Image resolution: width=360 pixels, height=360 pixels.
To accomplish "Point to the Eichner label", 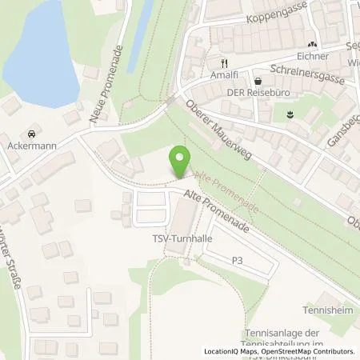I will [311, 57].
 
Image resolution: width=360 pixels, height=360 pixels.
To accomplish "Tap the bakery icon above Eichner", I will [312, 45].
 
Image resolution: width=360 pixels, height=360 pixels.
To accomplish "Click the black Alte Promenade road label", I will [218, 211].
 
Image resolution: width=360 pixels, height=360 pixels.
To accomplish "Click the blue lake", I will [44, 48].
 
